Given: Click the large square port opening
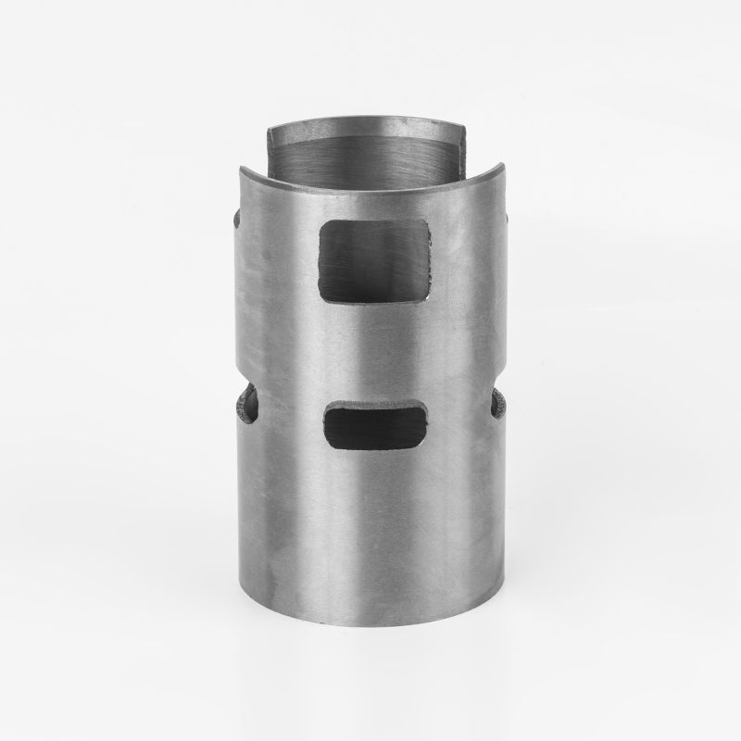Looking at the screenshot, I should coord(374,261).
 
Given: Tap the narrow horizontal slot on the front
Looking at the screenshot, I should coord(376,424).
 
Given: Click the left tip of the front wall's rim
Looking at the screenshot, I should coord(241,170).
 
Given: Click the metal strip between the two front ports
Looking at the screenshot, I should coord(374,352).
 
